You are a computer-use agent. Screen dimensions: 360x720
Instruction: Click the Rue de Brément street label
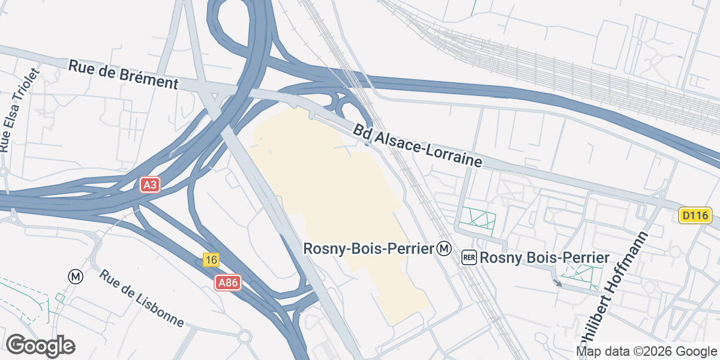pyautogui.click(x=124, y=74)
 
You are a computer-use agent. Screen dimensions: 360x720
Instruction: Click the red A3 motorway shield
pyautogui.click(x=150, y=185)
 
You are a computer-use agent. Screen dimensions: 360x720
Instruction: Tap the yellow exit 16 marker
pyautogui.click(x=210, y=260)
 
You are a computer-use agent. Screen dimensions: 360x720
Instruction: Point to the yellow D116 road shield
pyautogui.click(x=695, y=215)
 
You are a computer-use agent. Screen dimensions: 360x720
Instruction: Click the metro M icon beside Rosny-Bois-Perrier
pyautogui.click(x=444, y=248)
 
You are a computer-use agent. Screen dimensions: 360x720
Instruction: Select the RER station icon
pyautogui.click(x=469, y=258)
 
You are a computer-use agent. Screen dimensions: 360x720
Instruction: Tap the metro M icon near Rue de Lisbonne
pyautogui.click(x=75, y=276)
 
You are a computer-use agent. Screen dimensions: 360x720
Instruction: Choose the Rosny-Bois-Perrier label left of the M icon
pyautogui.click(x=368, y=248)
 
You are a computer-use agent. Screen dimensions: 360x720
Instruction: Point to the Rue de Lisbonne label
pyautogui.click(x=142, y=298)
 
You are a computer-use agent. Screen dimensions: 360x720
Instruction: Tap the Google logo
pyautogui.click(x=40, y=346)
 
